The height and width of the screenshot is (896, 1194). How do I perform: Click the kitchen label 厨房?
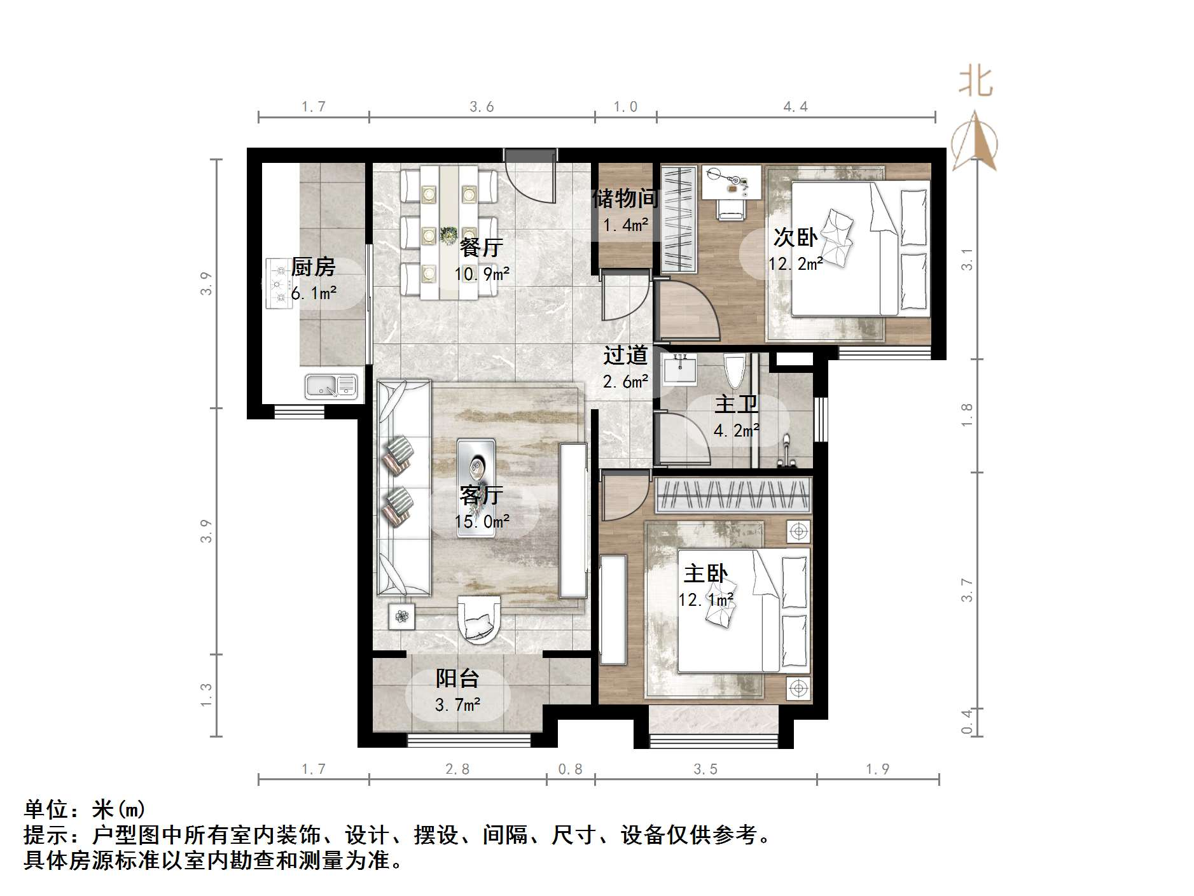coord(313,267)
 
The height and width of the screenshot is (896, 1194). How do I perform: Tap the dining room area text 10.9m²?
coord(482,274)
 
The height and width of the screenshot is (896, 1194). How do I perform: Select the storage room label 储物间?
coord(625,199)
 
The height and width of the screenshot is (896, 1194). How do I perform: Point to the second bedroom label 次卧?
coord(795,237)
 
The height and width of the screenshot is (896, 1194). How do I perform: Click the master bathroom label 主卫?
coord(736,404)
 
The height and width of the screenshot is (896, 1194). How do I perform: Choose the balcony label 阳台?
coord(457,678)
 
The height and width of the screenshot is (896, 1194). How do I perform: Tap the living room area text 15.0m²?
coord(482,522)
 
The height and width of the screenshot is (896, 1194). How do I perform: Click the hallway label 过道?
coord(625,355)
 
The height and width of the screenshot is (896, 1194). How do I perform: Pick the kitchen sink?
coord(331,386)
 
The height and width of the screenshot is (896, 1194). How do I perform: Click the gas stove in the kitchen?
coord(278,284)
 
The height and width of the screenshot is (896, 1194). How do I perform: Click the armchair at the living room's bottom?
coord(478,617)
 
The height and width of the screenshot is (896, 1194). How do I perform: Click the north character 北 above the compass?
coord(975,82)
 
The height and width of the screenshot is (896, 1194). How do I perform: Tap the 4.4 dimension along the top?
coord(795,107)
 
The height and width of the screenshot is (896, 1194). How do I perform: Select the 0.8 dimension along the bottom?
coord(570,769)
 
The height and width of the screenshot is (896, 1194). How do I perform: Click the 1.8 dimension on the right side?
coord(967,415)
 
